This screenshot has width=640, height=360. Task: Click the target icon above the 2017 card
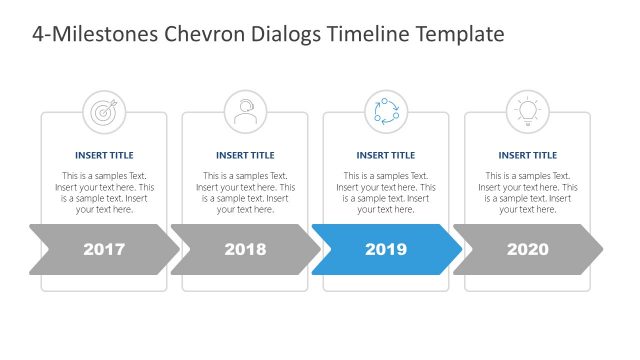[x=104, y=111]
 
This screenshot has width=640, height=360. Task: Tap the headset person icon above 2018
[x=245, y=111]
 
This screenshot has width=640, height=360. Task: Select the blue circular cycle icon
[x=386, y=111]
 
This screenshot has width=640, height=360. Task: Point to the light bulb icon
[x=527, y=111]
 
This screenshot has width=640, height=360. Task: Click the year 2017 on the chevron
[x=104, y=249]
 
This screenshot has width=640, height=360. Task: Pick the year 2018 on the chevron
[x=245, y=249]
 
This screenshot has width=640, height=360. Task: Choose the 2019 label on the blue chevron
[x=386, y=249]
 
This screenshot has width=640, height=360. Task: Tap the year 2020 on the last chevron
[x=528, y=249]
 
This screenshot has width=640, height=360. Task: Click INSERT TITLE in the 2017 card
[x=104, y=155]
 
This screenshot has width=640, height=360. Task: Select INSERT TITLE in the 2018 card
[x=245, y=155]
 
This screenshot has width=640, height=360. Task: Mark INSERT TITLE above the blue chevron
[x=386, y=155]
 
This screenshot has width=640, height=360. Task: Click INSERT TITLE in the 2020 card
[x=527, y=155]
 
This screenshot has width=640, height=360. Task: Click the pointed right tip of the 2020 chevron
[x=600, y=249]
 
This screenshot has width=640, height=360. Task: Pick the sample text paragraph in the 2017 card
[x=104, y=193]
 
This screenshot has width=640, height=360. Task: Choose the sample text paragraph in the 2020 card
[x=527, y=193]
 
